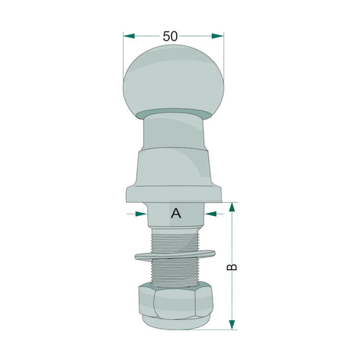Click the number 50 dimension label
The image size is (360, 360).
coord(170,36)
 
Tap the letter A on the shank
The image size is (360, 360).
coord(176,214)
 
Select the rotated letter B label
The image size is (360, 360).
coord(232,267)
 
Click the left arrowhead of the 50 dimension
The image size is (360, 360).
coord(129,36)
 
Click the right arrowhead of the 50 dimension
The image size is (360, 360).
coord(218,36)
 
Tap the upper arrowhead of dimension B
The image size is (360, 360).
coord(232,207)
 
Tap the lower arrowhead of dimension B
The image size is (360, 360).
coord(232,325)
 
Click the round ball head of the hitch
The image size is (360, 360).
coord(173,82)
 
